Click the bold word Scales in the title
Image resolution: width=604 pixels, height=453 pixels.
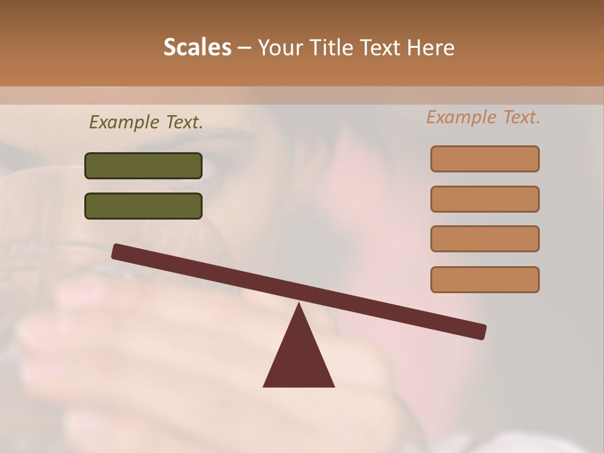(197, 47)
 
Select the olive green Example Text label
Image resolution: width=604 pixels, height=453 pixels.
(146, 122)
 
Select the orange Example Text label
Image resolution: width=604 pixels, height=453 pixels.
(483, 117)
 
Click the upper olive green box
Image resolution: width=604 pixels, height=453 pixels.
(143, 165)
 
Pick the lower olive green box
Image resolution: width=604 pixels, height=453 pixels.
(143, 206)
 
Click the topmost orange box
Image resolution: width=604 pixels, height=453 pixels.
(484, 159)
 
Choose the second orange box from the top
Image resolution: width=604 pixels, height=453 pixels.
(484, 199)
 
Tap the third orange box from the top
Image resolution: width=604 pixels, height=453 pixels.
(484, 238)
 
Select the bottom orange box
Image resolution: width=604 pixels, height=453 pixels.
(484, 279)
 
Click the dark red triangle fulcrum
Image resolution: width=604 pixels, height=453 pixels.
(299, 359)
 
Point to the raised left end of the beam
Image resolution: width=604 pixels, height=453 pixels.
(117, 252)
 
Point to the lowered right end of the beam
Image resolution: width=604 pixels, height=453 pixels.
(481, 332)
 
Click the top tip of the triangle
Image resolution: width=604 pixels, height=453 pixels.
(299, 305)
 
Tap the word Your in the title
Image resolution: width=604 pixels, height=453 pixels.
(280, 47)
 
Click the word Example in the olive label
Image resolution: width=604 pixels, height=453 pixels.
(125, 122)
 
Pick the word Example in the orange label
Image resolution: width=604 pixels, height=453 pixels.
(462, 117)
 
